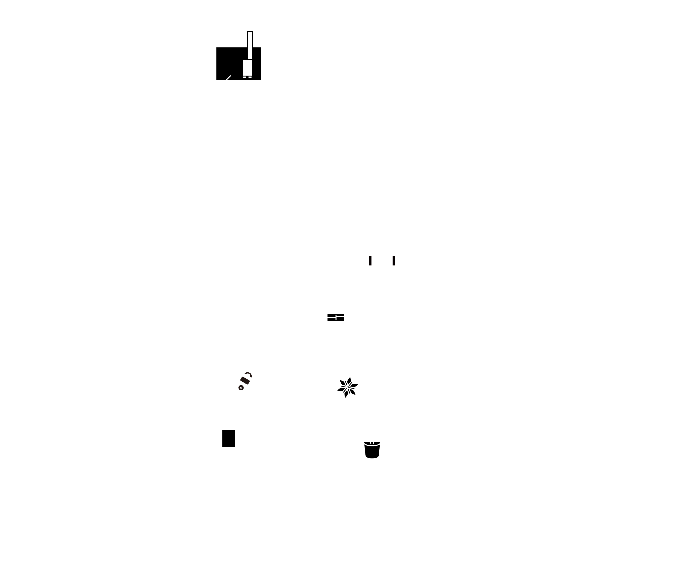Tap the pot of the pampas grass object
point(372,449)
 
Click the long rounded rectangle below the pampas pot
point(394,480)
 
